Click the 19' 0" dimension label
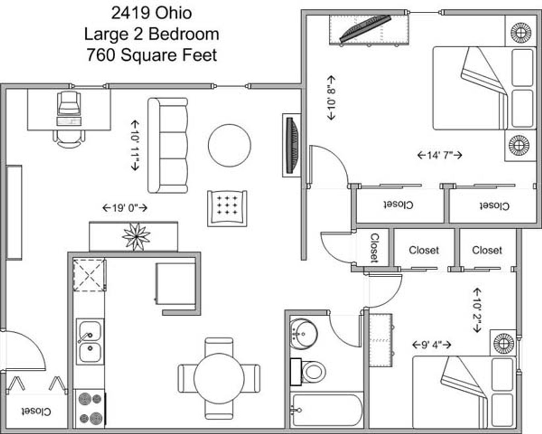pos(125,208)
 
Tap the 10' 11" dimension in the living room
pos(135,145)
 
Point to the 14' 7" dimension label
pos(440,155)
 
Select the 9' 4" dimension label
pos(432,344)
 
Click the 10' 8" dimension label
pos(331,98)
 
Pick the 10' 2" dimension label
pos(477,311)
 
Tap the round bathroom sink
pos(304,334)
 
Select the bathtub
pos(326,410)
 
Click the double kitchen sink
pos(90,342)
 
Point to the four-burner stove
pos(90,409)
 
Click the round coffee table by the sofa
pos(229,145)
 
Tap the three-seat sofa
pos(168,145)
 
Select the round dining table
pos(219,379)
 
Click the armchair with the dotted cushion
pos(227,209)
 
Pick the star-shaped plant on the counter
pos(136,236)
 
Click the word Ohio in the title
pos(173,13)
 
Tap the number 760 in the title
pos(101,55)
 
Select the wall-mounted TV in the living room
pos(292,145)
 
